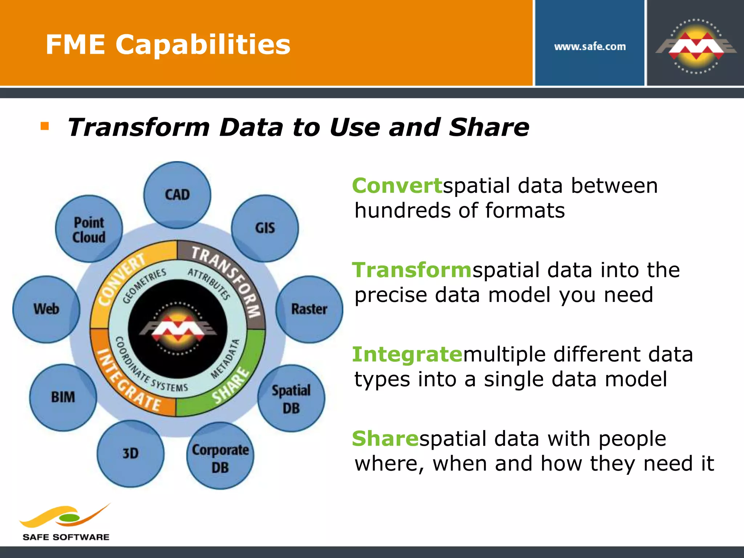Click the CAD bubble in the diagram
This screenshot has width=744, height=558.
click(x=177, y=195)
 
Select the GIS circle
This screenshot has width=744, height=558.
click(x=265, y=228)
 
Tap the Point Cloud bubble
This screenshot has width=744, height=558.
click(x=89, y=229)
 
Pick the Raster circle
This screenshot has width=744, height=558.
click(x=309, y=309)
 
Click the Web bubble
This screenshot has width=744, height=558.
click(x=46, y=309)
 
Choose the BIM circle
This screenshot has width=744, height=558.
click(x=63, y=397)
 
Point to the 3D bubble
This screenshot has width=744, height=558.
click(x=130, y=454)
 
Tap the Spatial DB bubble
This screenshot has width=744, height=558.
click(x=291, y=399)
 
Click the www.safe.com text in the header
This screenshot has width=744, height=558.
click(x=590, y=46)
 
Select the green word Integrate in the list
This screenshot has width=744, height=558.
click(x=407, y=355)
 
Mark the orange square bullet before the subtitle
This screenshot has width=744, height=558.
click(x=45, y=126)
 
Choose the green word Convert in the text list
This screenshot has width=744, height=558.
click(x=397, y=186)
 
